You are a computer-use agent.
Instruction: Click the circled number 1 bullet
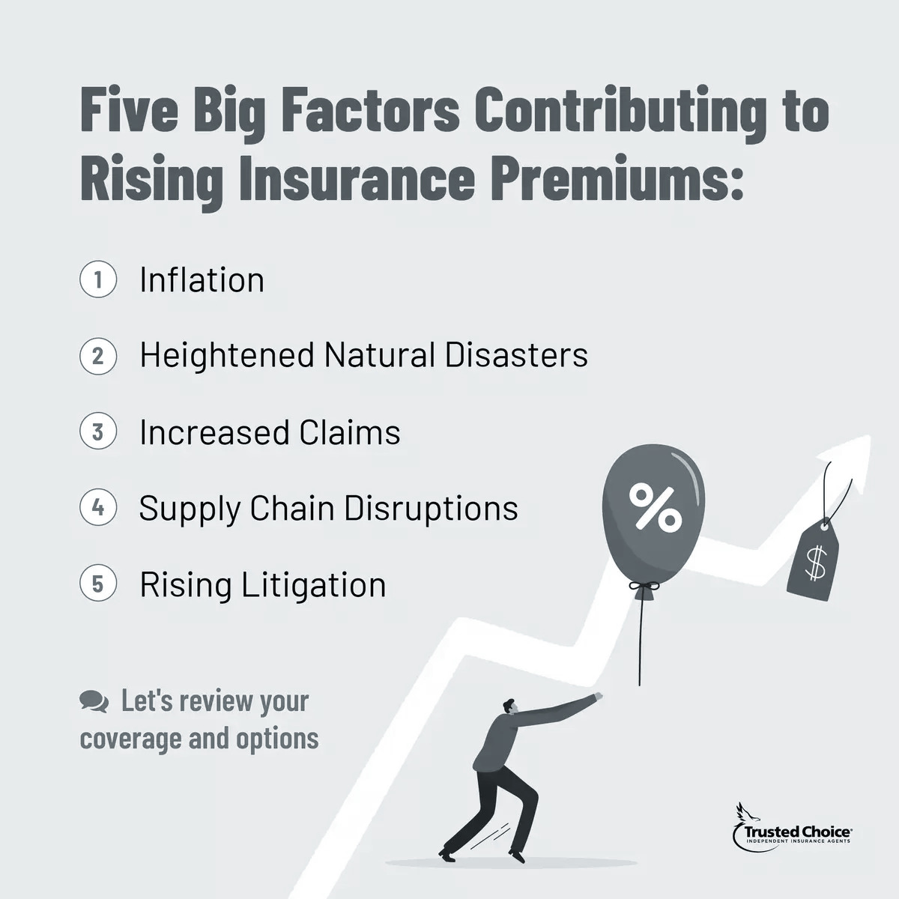tap(98, 279)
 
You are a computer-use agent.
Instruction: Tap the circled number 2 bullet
tap(98, 355)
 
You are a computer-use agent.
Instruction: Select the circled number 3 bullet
tap(98, 432)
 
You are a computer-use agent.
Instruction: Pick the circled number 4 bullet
tap(98, 508)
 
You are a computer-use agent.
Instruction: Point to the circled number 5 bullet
tap(98, 584)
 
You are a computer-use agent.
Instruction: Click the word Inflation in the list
tap(202, 279)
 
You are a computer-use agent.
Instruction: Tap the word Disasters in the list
tap(516, 355)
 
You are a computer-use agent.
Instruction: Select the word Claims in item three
tap(350, 432)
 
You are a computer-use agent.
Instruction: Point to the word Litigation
tap(314, 584)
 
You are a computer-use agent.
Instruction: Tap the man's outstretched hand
tap(597, 697)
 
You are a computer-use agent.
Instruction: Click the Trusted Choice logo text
tap(796, 831)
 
